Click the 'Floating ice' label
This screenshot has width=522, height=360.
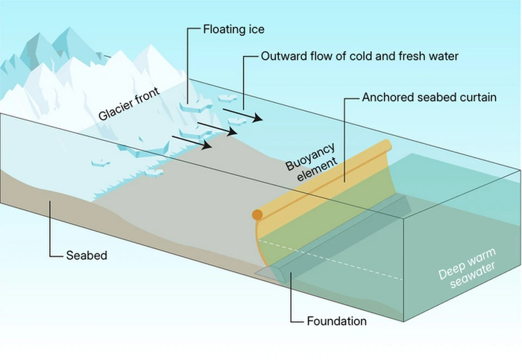click(x=234, y=30)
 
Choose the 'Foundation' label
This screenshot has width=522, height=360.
click(x=337, y=322)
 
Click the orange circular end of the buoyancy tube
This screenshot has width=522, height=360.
click(x=257, y=216)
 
